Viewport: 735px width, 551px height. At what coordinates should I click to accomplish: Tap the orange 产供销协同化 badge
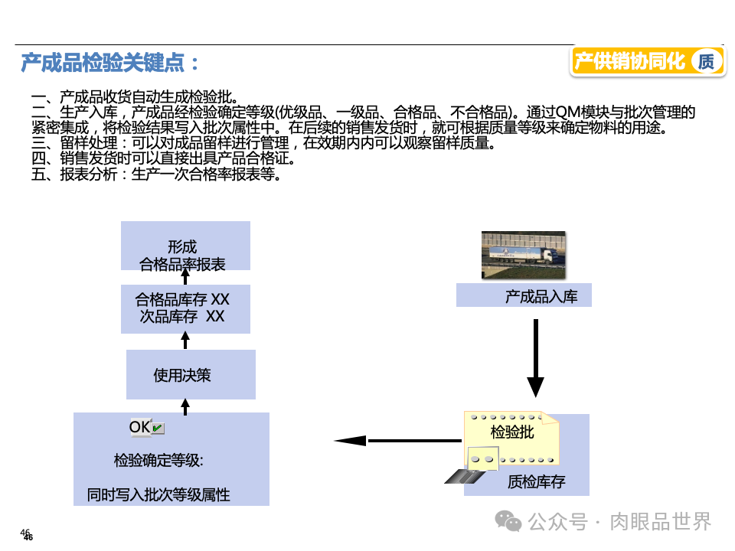pos(629,62)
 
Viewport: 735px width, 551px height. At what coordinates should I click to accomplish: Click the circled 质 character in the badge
pos(706,62)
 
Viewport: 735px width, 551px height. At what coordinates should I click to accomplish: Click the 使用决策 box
pos(190,375)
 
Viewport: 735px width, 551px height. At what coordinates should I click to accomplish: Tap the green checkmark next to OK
pos(158,428)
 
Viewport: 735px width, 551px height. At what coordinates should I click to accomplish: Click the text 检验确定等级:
pos(158,461)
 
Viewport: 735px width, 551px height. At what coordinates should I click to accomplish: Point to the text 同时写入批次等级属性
pos(158,495)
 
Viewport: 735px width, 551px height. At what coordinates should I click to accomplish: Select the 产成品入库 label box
pos(524,296)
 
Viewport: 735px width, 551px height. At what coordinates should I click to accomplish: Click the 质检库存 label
pos(537,482)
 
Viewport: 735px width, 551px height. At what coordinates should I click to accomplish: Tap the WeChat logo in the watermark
pos(508,521)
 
